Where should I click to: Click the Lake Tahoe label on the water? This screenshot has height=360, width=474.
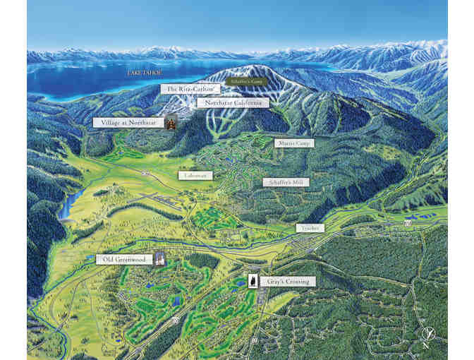click(x=145, y=73)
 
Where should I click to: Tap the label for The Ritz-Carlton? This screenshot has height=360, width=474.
click(x=192, y=89)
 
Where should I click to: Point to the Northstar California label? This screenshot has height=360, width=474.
click(x=233, y=102)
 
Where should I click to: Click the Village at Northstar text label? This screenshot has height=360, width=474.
click(x=128, y=122)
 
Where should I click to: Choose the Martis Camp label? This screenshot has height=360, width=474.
click(x=293, y=143)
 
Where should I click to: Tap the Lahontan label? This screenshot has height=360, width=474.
click(x=195, y=175)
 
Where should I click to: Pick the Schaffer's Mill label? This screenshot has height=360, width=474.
click(x=286, y=181)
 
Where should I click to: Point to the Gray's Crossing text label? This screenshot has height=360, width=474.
click(x=287, y=281)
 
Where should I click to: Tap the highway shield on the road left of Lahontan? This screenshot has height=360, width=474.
click(x=145, y=174)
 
